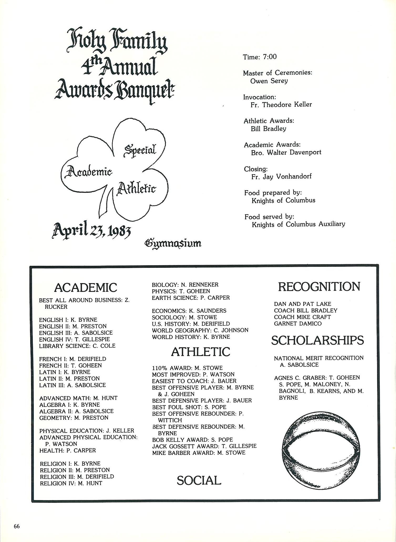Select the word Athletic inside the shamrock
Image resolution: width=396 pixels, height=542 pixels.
pyautogui.click(x=136, y=189)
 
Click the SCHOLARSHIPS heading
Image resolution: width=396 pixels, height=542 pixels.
pyautogui.click(x=317, y=341)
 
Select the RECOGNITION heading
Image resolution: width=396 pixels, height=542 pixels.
pyautogui.click(x=319, y=286)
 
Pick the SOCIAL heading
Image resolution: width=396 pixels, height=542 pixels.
pyautogui.click(x=199, y=480)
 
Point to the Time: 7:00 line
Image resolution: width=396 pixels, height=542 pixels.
pyautogui.click(x=260, y=57)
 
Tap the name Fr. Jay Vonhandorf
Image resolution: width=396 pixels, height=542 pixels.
pyautogui.click(x=281, y=177)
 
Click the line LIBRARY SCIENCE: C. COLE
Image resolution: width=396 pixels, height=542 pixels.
pyautogui.click(x=77, y=346)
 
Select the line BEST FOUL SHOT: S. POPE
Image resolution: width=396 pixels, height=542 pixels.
pyautogui.click(x=189, y=407)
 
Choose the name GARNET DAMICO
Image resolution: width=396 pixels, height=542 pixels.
pyautogui.click(x=298, y=323)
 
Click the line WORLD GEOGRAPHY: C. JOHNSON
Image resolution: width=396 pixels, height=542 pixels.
pyautogui.click(x=200, y=330)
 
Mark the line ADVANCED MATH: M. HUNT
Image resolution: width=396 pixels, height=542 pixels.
pyautogui.click(x=78, y=398)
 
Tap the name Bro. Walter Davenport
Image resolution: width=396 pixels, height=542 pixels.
pyautogui.click(x=286, y=153)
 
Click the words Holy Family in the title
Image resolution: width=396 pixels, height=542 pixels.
pyautogui.click(x=117, y=42)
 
